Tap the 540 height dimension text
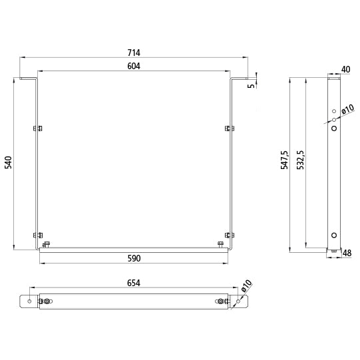pyautogui.click(x=8, y=164)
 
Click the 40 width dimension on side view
pyautogui.click(x=346, y=69)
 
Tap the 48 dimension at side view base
pyautogui.click(x=347, y=253)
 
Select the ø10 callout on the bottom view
pyautogui.click(x=246, y=286)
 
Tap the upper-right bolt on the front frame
pyautogui.click(x=230, y=128)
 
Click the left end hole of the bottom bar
pyautogui.click(x=30, y=301)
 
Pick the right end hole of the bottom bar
pyautogui.click(x=239, y=301)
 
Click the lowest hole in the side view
pyautogui.click(x=334, y=234)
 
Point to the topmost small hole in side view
pyautogui.click(x=334, y=111)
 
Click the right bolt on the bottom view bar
pyautogui.click(x=221, y=301)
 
